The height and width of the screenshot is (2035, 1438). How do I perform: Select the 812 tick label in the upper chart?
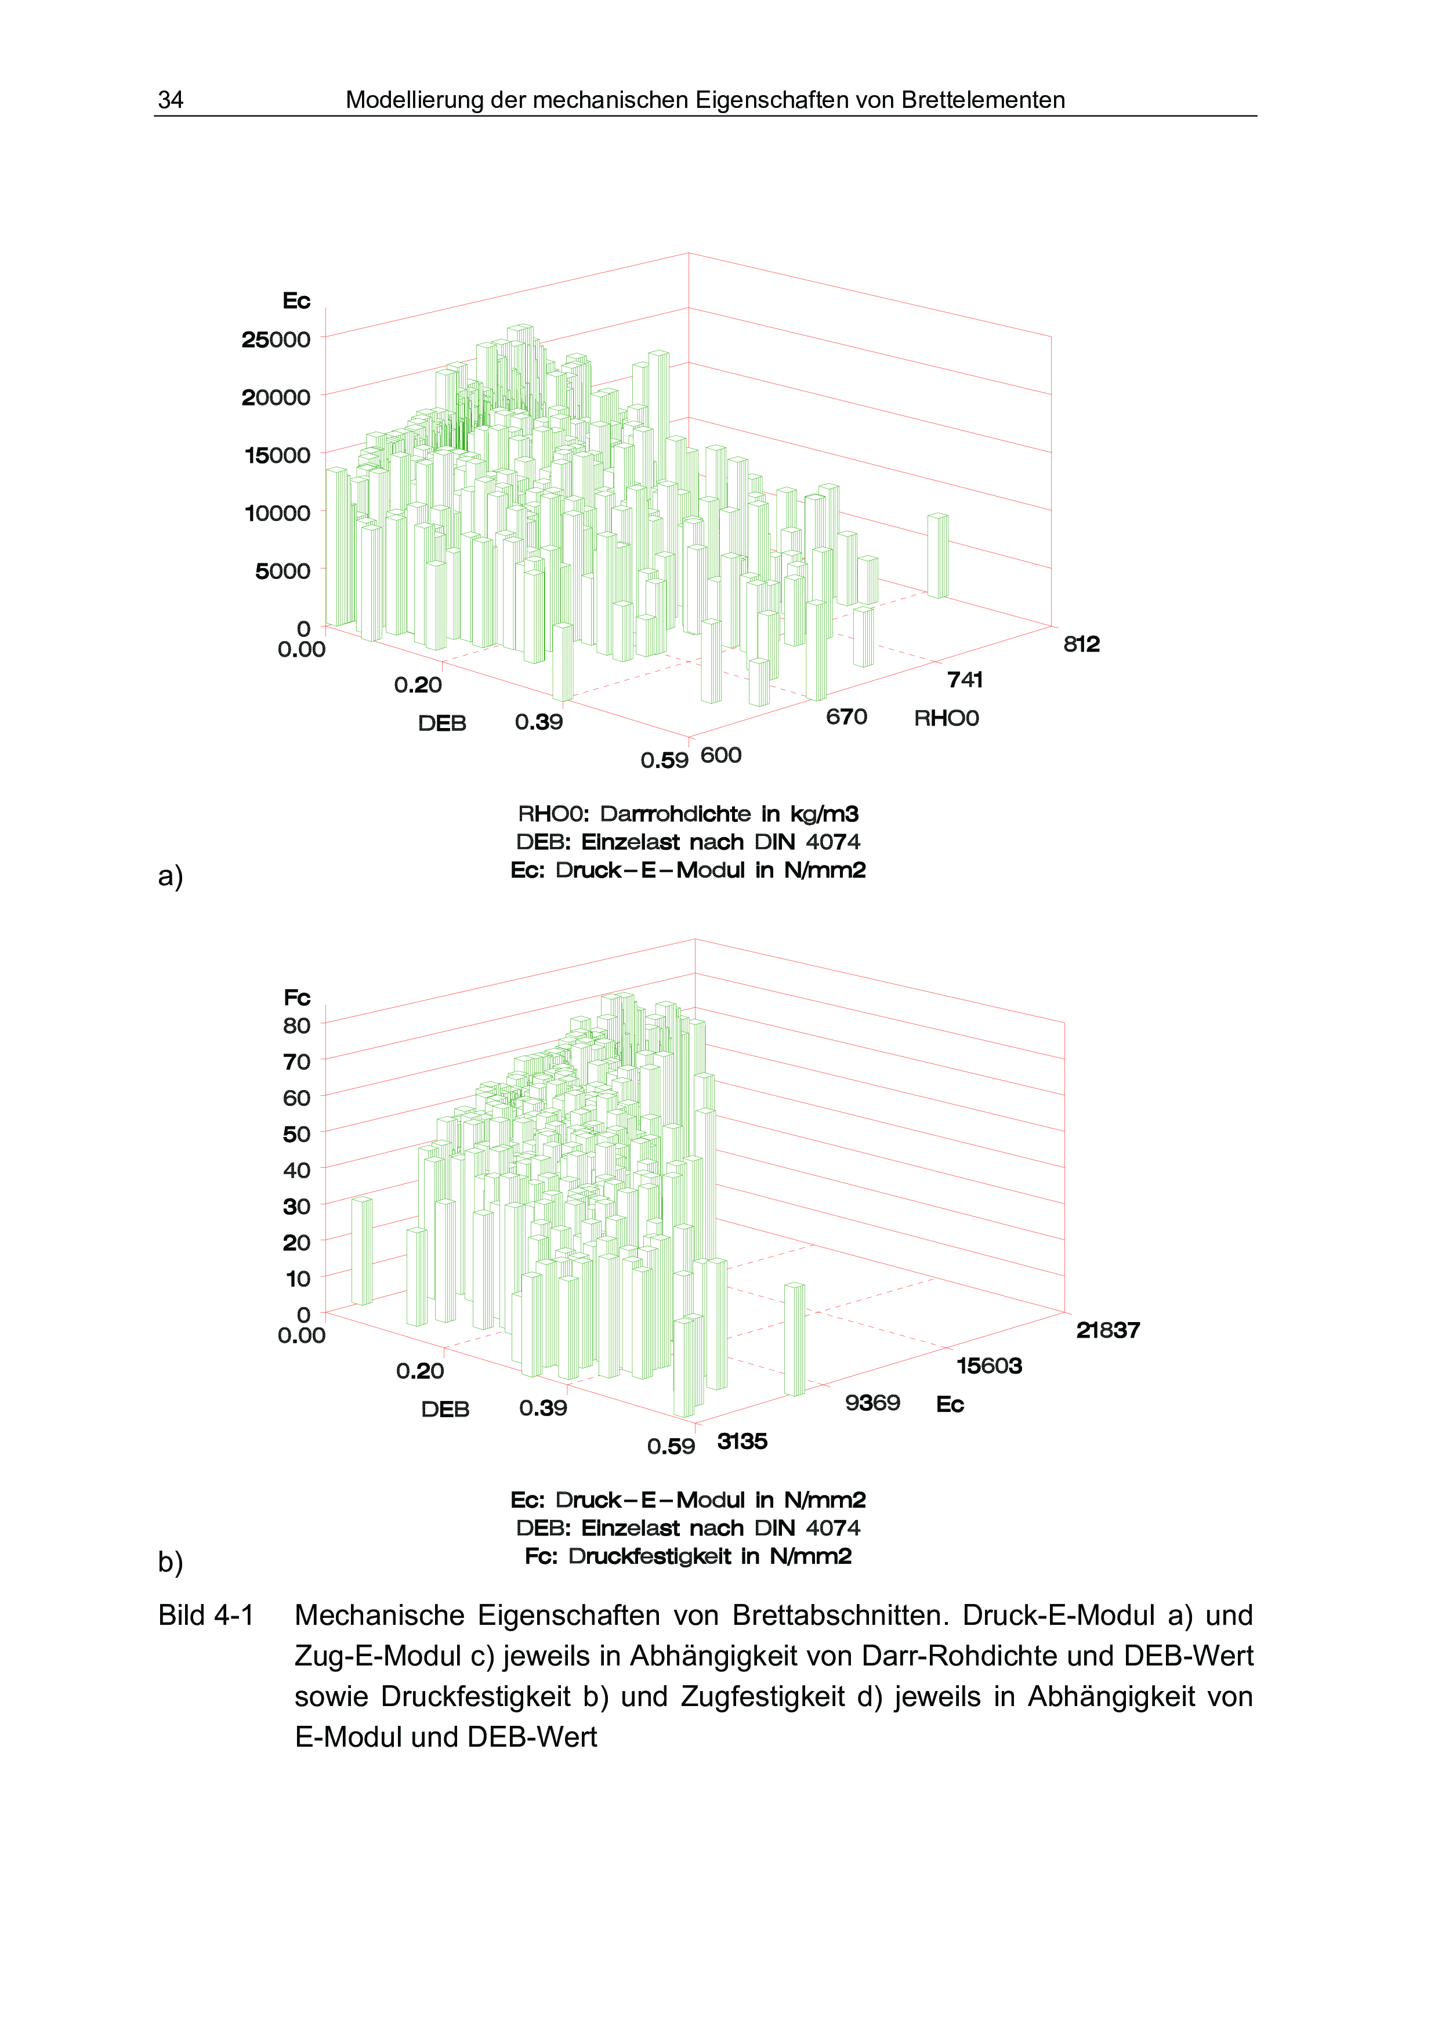1081,644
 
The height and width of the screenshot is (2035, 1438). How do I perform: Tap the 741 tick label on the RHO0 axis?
965,680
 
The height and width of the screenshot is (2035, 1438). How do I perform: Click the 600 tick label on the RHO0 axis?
720,755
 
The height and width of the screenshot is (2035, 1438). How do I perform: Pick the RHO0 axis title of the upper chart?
946,718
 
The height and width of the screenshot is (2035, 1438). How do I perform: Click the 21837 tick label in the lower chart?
1107,1330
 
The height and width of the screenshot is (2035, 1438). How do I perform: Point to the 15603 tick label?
989,1366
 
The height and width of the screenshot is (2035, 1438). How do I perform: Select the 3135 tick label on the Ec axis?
741,1441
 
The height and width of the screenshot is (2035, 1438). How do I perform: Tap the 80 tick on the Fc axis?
297,1026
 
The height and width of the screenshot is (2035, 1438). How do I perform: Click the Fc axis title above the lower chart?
297,998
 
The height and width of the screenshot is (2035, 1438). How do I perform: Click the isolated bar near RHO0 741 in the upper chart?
937,556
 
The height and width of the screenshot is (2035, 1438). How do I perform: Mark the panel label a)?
170,876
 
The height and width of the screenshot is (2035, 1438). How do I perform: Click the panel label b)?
170,1561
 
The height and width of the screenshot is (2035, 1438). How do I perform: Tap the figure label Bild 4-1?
205,1616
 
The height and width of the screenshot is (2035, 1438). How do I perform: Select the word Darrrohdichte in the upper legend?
675,814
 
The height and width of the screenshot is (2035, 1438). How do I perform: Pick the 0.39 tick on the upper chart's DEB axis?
539,722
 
